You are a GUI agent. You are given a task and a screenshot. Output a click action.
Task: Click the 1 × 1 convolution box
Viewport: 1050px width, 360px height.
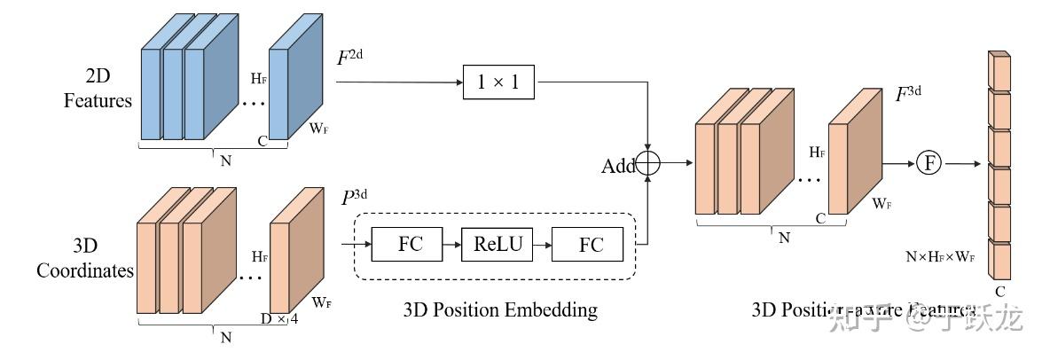(x=499, y=82)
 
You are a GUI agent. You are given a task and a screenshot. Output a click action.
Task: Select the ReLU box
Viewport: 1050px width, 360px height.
(x=497, y=244)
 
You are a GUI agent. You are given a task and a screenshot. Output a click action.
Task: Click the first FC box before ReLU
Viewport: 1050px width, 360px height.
(x=410, y=244)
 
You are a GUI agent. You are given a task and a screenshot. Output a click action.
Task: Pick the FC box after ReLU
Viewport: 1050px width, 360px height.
(x=589, y=244)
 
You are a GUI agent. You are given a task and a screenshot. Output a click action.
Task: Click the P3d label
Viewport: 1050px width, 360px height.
(x=355, y=198)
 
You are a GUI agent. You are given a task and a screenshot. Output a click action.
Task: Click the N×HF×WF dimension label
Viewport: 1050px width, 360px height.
(x=941, y=258)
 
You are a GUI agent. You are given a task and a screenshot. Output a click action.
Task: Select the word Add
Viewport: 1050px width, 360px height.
(x=618, y=166)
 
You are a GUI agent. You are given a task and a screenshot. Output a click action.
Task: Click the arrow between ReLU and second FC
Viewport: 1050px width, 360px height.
(x=542, y=244)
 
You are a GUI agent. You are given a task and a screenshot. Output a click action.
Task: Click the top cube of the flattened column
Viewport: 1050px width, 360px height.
(x=999, y=70)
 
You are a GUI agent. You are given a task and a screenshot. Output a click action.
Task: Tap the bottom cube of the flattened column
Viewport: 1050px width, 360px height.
(x=999, y=259)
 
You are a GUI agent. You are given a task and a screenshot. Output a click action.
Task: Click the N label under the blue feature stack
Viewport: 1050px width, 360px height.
(x=215, y=160)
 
